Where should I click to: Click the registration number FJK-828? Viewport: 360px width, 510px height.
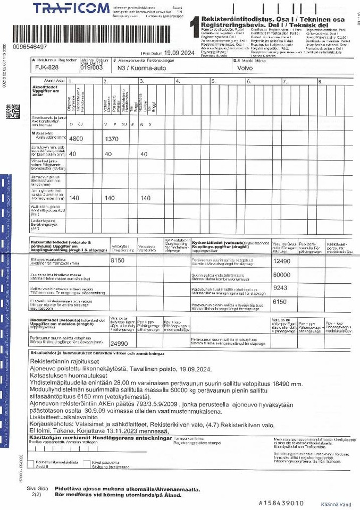tap(47, 68)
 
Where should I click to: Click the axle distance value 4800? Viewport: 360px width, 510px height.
tap(77, 138)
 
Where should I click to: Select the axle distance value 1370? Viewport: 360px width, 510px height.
tap(112, 138)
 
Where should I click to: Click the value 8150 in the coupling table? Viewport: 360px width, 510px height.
tap(117, 261)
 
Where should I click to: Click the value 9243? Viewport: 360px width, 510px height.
tap(279, 287)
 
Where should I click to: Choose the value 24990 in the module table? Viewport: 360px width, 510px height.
tap(119, 343)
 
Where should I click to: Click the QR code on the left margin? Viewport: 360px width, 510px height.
tap(13, 111)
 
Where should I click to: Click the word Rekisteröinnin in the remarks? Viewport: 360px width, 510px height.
tap(48, 361)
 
